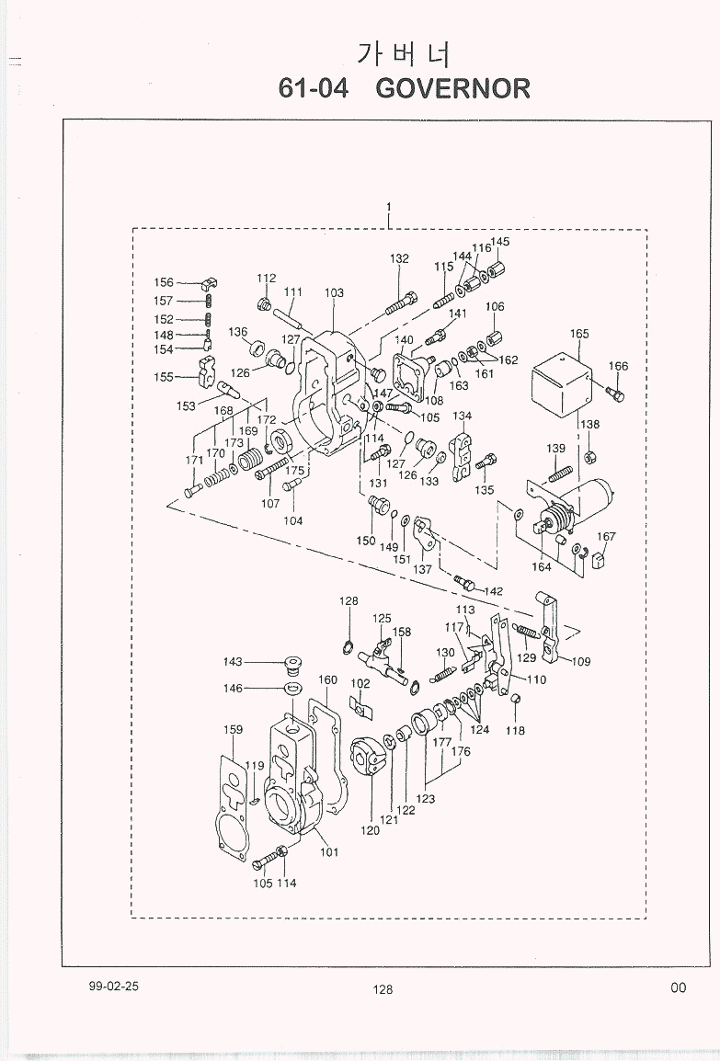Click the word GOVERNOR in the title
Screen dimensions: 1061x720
coord(452,88)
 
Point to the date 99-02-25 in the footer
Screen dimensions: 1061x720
coord(114,985)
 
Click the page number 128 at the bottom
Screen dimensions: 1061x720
coord(383,989)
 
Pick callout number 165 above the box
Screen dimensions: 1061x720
coord(579,334)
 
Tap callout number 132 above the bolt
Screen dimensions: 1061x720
coord(399,259)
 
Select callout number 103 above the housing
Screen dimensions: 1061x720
coord(334,293)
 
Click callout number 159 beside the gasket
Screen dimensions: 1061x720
coord(234,730)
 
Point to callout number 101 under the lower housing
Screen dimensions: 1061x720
coord(329,852)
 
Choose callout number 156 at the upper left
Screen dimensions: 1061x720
coord(164,283)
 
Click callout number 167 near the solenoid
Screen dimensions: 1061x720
coord(606,537)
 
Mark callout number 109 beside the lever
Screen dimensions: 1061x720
coord(582,661)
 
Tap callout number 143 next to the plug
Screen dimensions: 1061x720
coord(233,662)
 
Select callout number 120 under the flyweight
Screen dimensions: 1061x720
coord(370,830)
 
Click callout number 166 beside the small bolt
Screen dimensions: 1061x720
coord(618,366)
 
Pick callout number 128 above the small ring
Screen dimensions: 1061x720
coord(348,601)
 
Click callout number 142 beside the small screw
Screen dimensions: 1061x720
coord(494,590)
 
